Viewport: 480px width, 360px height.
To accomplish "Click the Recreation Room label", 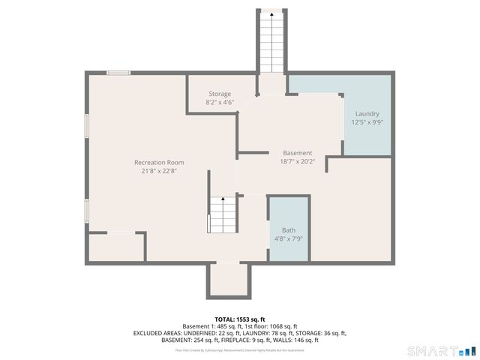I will pyautogui.click(x=159, y=162).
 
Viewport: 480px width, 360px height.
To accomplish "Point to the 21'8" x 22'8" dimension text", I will pyautogui.click(x=159, y=171).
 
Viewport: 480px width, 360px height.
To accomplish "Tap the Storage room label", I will pyautogui.click(x=220, y=94).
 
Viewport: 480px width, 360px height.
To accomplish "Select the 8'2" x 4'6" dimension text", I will pyautogui.click(x=220, y=102).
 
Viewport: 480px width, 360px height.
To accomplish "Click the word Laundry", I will pyautogui.click(x=367, y=113).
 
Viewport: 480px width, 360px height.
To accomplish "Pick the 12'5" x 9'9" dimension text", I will pyautogui.click(x=367, y=122).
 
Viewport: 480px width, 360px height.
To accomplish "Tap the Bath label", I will pyautogui.click(x=289, y=230).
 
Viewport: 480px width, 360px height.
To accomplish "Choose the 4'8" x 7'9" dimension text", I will pyautogui.click(x=289, y=239).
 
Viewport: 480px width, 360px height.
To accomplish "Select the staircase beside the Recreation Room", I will pyautogui.click(x=222, y=214).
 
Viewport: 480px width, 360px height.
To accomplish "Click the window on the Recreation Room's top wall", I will pyautogui.click(x=118, y=73).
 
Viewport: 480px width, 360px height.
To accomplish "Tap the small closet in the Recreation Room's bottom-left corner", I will pyautogui.click(x=116, y=247).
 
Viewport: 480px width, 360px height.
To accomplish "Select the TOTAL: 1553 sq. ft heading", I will pyautogui.click(x=239, y=318).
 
